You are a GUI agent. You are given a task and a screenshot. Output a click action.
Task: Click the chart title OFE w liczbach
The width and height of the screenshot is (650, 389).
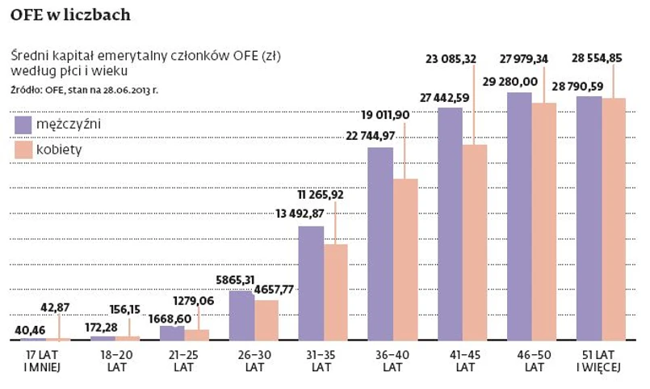point(70,15)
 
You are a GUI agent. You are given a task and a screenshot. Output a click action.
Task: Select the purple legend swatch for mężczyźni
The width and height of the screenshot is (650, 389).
point(23,125)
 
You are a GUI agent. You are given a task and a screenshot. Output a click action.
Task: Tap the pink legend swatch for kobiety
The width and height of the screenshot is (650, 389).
point(23,150)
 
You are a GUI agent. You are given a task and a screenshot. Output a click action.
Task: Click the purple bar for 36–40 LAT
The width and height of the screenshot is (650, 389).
point(380,243)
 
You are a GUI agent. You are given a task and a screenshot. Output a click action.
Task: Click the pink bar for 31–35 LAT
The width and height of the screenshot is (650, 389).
point(335,291)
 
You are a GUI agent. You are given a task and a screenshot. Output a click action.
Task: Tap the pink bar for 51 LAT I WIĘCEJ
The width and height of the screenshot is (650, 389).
point(614,218)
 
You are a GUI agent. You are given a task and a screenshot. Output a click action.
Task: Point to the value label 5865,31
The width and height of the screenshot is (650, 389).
point(237,281)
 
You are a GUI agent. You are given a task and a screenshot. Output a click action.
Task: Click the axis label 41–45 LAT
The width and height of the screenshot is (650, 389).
point(463,362)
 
